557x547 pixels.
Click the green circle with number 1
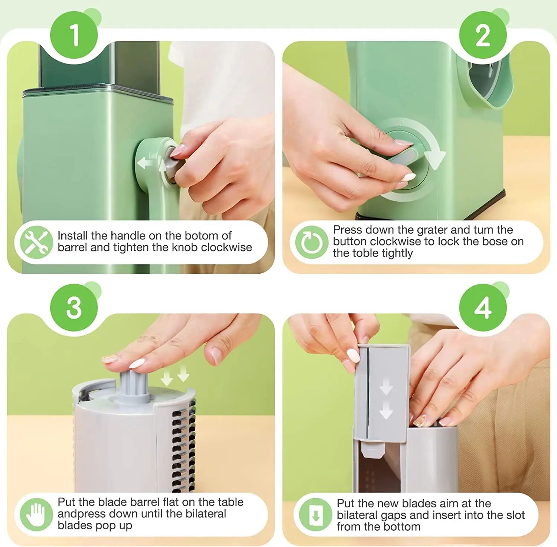coord(74,35)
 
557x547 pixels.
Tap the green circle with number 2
coord(483,35)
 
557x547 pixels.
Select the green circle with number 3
coord(74,307)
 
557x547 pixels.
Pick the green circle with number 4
coord(483,307)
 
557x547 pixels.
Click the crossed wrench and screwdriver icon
coord(36,242)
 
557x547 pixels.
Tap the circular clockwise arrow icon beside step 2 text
coord(312,242)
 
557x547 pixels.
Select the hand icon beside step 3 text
coord(36,514)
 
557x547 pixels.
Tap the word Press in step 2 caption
coord(347,230)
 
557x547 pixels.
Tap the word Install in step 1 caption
coord(73,235)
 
